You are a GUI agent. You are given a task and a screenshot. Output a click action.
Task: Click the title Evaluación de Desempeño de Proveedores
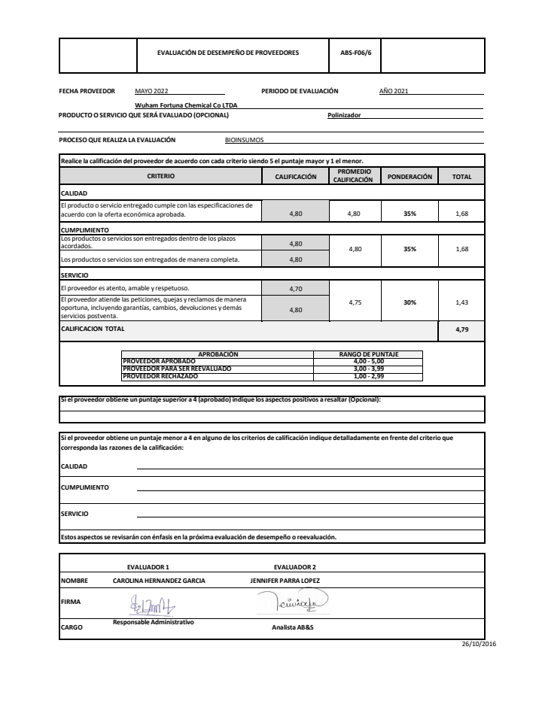(x=227, y=53)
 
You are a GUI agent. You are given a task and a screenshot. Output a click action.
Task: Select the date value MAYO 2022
(x=151, y=91)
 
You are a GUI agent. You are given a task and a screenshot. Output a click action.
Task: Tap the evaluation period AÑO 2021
(x=394, y=91)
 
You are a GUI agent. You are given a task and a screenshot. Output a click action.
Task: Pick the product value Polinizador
(x=344, y=115)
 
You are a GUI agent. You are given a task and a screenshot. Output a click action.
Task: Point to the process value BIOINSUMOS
(x=244, y=140)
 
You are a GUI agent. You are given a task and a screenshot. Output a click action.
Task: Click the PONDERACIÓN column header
(x=410, y=177)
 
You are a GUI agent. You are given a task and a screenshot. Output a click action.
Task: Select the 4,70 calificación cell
(x=295, y=288)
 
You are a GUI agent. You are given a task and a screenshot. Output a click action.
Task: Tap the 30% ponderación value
(x=410, y=302)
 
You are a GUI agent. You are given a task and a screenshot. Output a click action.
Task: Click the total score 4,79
(x=461, y=329)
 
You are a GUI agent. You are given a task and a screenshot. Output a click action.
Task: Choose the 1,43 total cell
(x=461, y=302)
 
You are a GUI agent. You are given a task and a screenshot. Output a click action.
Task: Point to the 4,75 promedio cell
(x=354, y=302)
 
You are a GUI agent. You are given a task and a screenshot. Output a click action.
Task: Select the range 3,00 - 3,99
(x=368, y=369)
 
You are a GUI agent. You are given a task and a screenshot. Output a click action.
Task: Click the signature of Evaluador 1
(x=154, y=604)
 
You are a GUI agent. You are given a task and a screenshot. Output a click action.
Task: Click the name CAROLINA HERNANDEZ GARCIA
(x=159, y=581)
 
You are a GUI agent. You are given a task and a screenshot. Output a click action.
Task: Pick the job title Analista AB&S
(x=292, y=627)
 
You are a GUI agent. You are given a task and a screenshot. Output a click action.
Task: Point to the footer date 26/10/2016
(x=479, y=644)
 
